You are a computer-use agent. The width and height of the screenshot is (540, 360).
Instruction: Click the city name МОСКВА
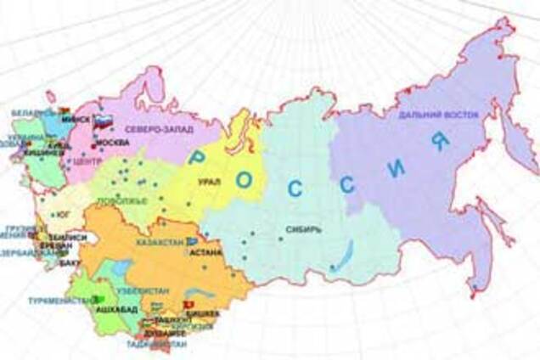tap(114, 143)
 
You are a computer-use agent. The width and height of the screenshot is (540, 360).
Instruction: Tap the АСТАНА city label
tap(206, 252)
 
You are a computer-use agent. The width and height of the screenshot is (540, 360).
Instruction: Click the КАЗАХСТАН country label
tap(160, 243)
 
